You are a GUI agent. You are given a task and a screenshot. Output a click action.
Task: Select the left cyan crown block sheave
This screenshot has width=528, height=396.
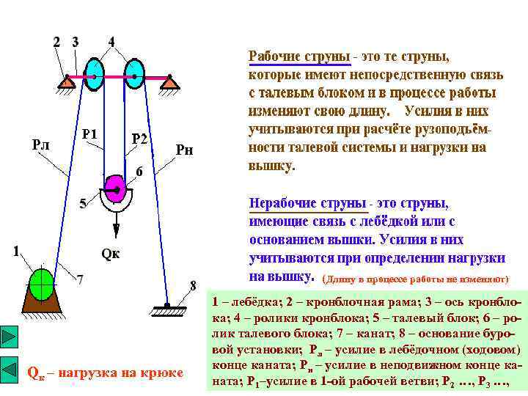[x=95, y=73]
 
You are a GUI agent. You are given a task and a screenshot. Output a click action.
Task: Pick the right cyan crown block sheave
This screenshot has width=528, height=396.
[x=134, y=73]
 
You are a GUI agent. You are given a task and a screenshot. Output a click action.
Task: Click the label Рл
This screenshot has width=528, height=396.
[x=41, y=144]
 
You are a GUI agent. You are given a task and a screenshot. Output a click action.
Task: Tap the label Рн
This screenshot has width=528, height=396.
[x=186, y=150]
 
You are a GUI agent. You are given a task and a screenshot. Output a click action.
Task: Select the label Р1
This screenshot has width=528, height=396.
[x=90, y=133]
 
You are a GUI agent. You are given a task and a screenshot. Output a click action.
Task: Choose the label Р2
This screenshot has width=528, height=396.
[x=139, y=139]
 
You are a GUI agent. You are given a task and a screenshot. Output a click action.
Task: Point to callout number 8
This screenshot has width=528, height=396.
[x=193, y=284]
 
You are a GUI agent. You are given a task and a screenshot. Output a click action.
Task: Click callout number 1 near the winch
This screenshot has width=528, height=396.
[x=15, y=251]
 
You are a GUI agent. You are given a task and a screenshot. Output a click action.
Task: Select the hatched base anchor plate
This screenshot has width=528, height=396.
[x=168, y=309]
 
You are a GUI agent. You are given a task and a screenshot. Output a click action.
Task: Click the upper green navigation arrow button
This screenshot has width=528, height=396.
[x=9, y=337]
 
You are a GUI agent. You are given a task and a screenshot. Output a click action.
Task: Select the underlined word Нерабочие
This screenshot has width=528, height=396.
[x=280, y=202]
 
